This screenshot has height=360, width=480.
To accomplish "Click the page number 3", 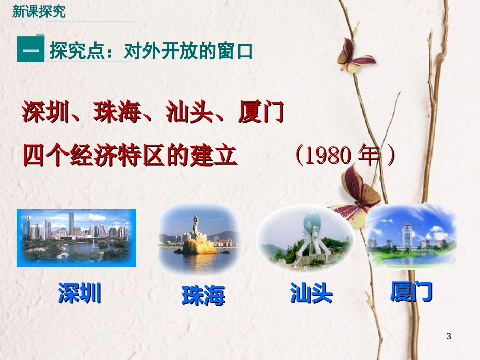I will click(x=449, y=336).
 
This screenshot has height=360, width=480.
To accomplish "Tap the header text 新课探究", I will click(x=39, y=12).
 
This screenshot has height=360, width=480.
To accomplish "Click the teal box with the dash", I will click(x=30, y=50).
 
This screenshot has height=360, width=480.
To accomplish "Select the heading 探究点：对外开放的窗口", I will click(x=151, y=52).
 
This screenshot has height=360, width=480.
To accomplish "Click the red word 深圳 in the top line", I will click(x=45, y=113).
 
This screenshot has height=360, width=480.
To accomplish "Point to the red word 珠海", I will click(x=117, y=113).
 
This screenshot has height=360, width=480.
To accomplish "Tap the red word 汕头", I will click(x=189, y=113).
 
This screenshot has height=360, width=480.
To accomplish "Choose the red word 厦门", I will click(x=261, y=113).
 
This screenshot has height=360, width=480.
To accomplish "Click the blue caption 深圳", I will click(x=79, y=293).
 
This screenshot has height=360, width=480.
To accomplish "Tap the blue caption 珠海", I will click(x=203, y=296).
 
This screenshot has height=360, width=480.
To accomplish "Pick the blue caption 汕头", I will click(x=311, y=293).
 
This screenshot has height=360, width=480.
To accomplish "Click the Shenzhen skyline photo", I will click(x=76, y=237).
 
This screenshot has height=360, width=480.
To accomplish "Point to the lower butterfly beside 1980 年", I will click(x=357, y=192).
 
